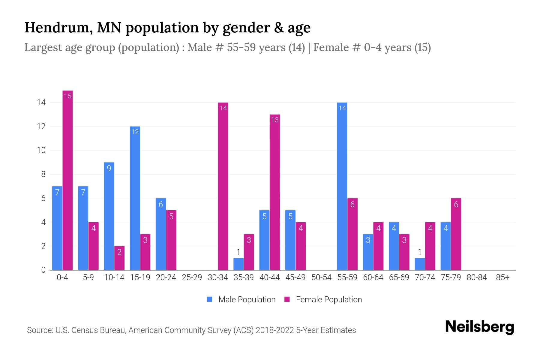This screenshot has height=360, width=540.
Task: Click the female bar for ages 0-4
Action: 67,180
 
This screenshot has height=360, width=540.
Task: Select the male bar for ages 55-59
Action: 342,186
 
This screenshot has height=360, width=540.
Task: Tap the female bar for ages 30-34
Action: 223,186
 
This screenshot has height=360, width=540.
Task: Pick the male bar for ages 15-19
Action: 135,198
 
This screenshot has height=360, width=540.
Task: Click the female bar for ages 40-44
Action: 275,192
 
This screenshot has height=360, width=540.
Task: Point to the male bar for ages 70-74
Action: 420,264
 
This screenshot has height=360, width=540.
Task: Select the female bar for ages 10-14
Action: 119,258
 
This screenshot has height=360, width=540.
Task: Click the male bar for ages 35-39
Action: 238,264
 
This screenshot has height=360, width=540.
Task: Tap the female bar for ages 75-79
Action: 456,234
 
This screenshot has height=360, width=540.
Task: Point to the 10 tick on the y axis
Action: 41,150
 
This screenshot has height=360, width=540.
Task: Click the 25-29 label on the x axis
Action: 192,277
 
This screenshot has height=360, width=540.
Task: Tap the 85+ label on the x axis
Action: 502,277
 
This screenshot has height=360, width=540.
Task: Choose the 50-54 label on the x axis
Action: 321,277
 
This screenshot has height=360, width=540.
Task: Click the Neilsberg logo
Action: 479,327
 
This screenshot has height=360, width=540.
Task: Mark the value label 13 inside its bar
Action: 275,120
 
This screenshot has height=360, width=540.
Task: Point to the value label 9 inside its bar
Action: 109,168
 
